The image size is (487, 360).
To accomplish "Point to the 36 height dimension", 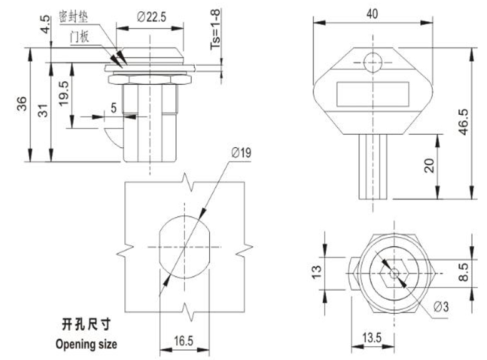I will coord(21,104).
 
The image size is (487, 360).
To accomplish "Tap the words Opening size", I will coord(86,343).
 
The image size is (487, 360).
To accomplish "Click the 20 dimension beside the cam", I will coord(428,165).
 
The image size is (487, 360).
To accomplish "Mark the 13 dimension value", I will coord(317,271).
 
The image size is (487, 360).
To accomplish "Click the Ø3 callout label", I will coord(440,307).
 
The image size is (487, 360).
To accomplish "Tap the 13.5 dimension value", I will coord(372,338).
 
